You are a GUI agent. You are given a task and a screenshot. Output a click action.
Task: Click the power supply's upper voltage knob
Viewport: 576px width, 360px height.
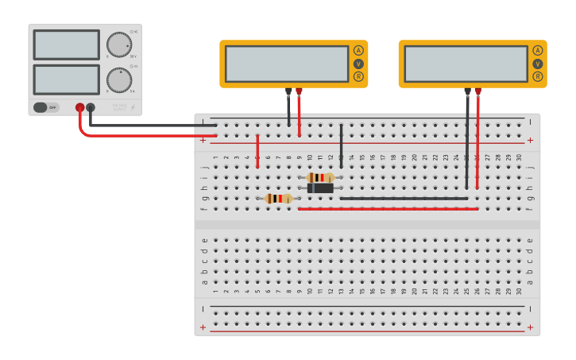(119, 45)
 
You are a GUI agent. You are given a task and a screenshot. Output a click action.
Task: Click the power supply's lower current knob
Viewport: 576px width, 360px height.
(119, 79)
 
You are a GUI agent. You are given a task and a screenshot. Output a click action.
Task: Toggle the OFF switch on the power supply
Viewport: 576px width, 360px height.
(46, 107)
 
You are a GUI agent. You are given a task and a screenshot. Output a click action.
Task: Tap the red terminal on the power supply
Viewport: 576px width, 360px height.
(79, 107)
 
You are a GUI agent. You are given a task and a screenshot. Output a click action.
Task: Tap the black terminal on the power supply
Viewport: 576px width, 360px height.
(91, 107)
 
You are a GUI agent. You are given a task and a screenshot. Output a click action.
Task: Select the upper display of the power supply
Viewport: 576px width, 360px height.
(66, 45)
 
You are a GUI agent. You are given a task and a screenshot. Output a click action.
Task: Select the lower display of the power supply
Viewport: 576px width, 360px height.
(66, 79)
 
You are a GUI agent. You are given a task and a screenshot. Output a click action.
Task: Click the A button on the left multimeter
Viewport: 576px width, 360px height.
(358, 51)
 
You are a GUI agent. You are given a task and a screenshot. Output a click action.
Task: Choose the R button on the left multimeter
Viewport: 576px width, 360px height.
(358, 76)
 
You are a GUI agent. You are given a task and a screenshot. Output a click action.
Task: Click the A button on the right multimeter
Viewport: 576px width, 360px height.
(538, 51)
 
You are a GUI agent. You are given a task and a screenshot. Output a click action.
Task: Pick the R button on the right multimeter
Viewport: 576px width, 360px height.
(538, 76)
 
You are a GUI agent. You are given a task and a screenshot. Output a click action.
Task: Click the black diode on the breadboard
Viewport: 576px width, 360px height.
(320, 188)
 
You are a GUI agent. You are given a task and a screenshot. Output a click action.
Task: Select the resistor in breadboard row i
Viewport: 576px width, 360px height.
(320, 178)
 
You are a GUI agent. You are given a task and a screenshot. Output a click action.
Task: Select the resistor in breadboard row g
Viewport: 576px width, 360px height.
(278, 199)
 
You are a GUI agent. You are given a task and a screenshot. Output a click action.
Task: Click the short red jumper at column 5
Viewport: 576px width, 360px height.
(257, 151)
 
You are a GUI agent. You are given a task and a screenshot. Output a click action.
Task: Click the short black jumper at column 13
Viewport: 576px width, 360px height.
(341, 145)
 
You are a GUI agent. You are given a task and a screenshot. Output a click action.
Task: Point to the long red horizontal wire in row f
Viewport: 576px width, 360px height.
(388, 209)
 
